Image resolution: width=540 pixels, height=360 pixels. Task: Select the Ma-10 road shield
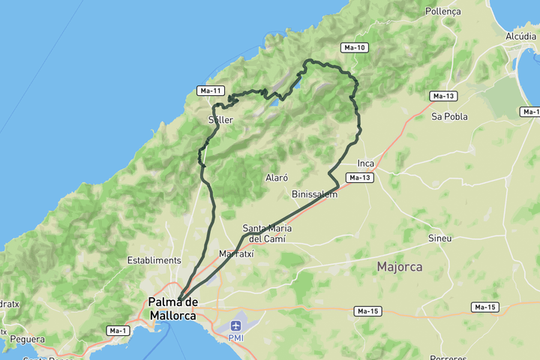[354, 47]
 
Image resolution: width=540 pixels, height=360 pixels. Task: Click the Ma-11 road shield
[211, 91]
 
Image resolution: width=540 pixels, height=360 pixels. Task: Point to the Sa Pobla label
[449, 116]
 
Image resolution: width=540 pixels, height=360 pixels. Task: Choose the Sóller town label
[220, 120]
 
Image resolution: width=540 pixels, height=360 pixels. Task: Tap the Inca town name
[366, 163]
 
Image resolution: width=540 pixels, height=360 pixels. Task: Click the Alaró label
[277, 178]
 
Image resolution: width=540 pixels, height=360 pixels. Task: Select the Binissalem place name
[314, 194]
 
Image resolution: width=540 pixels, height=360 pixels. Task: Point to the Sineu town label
[439, 238]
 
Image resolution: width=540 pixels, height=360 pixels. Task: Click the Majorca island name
[399, 266]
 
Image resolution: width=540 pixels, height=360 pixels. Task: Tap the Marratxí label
[236, 254]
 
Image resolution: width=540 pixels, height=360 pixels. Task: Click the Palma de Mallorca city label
[172, 308]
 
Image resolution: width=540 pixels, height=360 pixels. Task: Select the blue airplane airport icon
[236, 325]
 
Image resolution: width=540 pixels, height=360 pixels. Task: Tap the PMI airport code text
[236, 338]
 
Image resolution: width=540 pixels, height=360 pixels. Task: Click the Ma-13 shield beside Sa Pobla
[444, 96]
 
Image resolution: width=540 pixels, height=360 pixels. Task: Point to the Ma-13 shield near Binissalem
[359, 178]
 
